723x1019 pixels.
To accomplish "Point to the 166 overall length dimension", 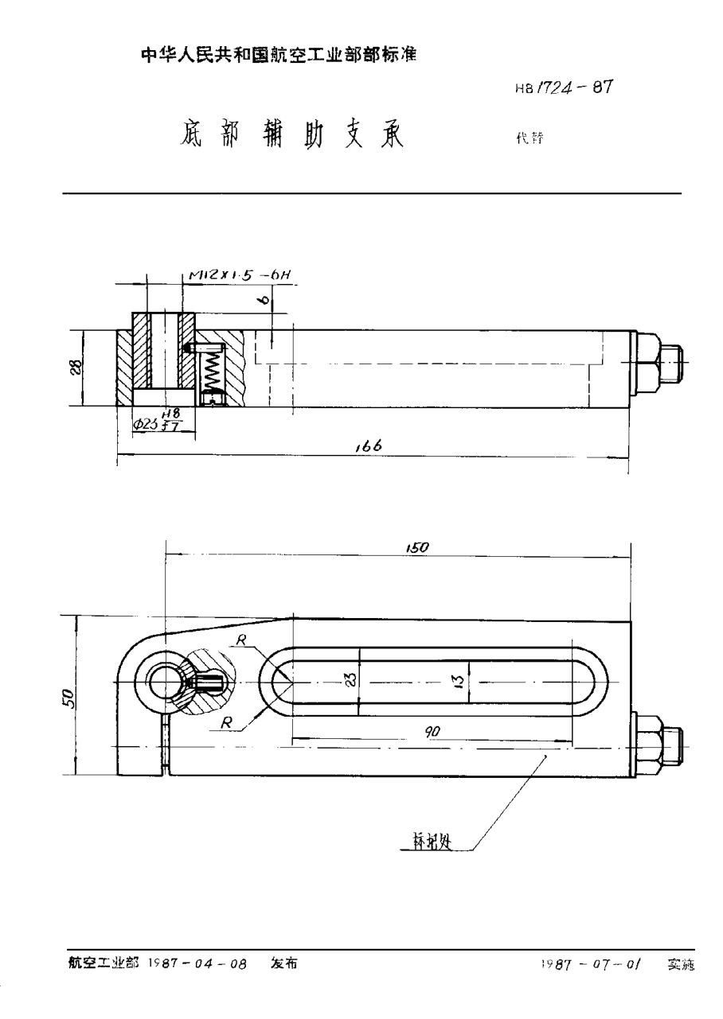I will point(369,447).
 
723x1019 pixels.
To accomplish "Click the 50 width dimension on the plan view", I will point(69,698).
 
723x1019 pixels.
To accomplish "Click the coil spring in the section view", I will point(212,370).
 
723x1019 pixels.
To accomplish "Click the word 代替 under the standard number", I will point(529,136).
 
